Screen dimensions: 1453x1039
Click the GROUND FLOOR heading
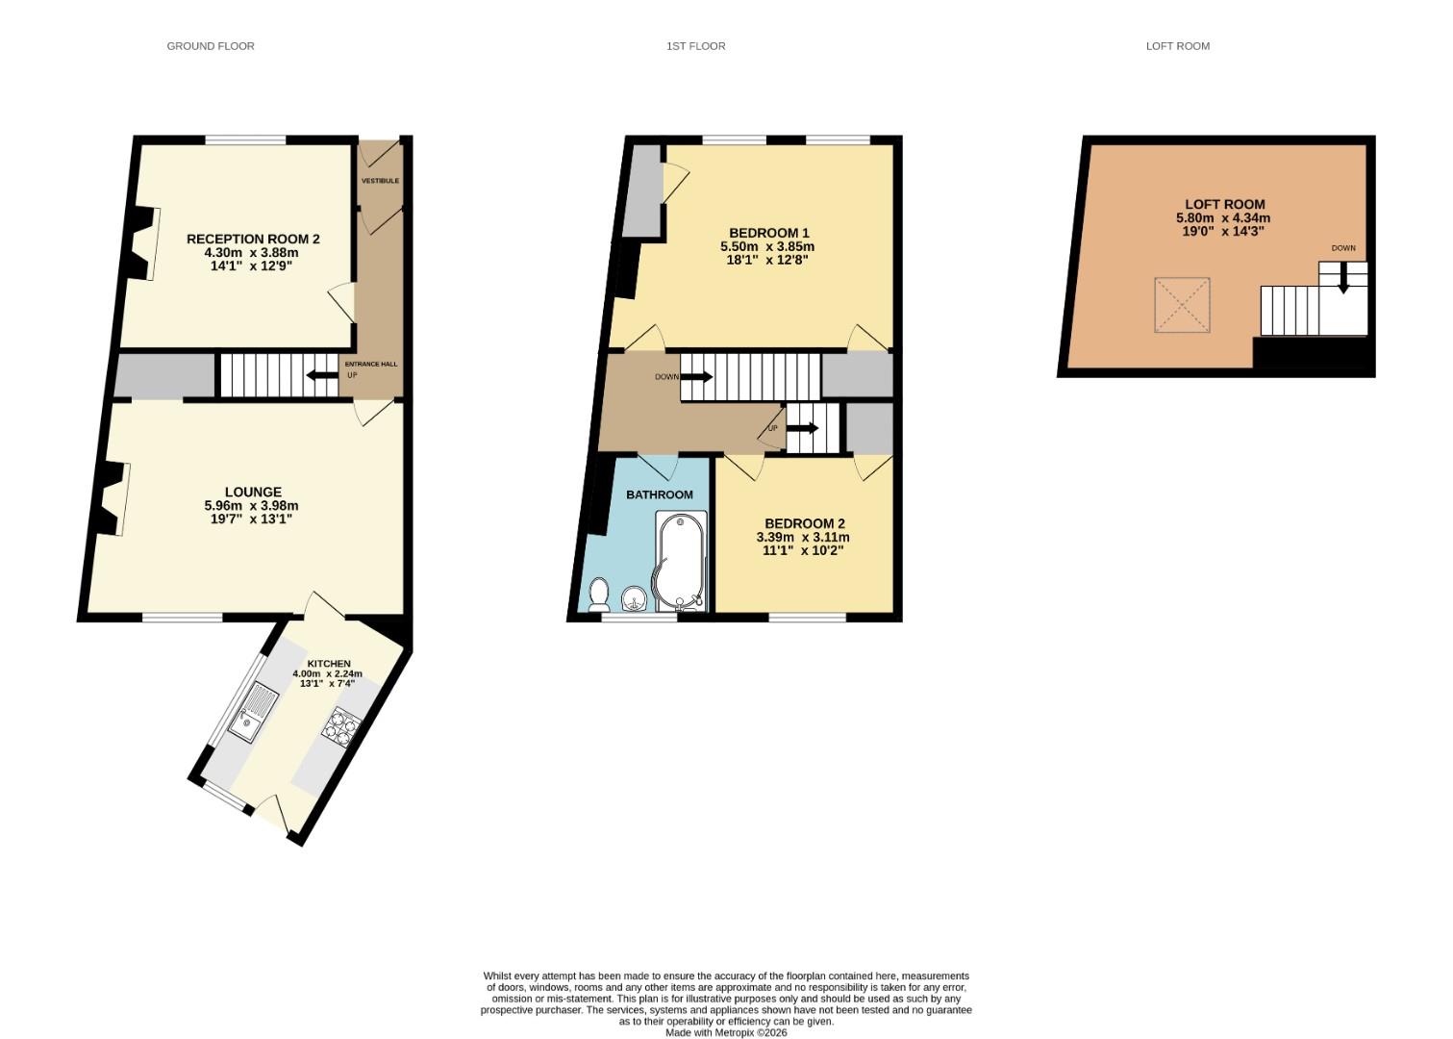tap(211, 46)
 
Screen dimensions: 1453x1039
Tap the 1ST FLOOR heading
tap(695, 46)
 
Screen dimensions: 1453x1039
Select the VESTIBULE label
tap(380, 181)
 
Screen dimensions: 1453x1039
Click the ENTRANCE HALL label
tap(371, 364)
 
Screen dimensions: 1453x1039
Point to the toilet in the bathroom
tap(598, 595)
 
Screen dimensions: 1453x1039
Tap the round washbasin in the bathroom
tap(635, 599)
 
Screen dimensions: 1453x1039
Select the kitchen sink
tap(253, 715)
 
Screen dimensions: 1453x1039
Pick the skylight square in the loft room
tap(1182, 305)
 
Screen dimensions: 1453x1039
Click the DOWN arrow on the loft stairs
tap(1343, 277)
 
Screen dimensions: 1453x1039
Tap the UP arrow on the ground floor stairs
tap(322, 375)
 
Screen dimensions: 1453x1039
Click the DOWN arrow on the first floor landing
tap(696, 376)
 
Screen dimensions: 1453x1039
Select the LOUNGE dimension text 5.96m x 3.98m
tap(252, 505)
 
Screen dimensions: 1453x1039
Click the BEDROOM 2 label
tap(804, 523)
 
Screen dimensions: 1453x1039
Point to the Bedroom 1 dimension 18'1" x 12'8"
tap(767, 261)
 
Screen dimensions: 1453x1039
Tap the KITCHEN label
tap(329, 663)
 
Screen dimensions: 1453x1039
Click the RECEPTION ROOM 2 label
tap(253, 239)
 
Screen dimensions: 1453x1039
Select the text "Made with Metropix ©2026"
tap(726, 1032)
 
